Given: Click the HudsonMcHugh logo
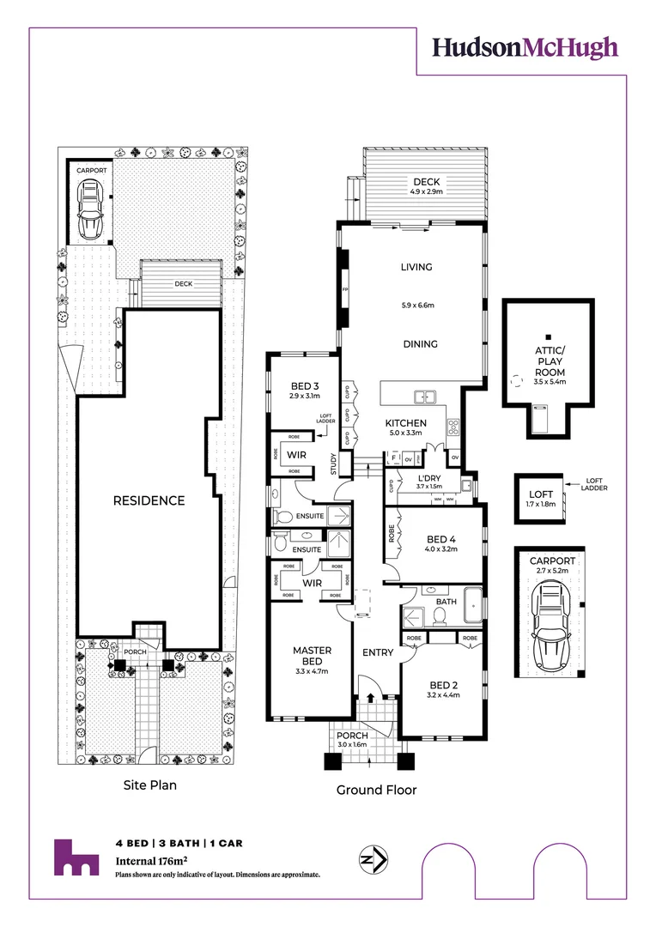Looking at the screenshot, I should coord(525,47).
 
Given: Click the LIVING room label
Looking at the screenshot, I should coord(416,267).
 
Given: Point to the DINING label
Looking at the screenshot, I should coord(420,344).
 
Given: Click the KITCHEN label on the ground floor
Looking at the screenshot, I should coord(405,423).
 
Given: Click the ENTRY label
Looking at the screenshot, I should coord(378,653).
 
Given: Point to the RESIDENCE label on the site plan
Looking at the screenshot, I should coord(149,500).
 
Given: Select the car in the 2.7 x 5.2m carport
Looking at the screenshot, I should coord(550,622).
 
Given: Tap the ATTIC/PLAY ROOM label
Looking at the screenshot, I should coord(549,360).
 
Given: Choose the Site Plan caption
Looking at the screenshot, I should coord(149,785).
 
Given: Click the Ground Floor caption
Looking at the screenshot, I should coord(376,790).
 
